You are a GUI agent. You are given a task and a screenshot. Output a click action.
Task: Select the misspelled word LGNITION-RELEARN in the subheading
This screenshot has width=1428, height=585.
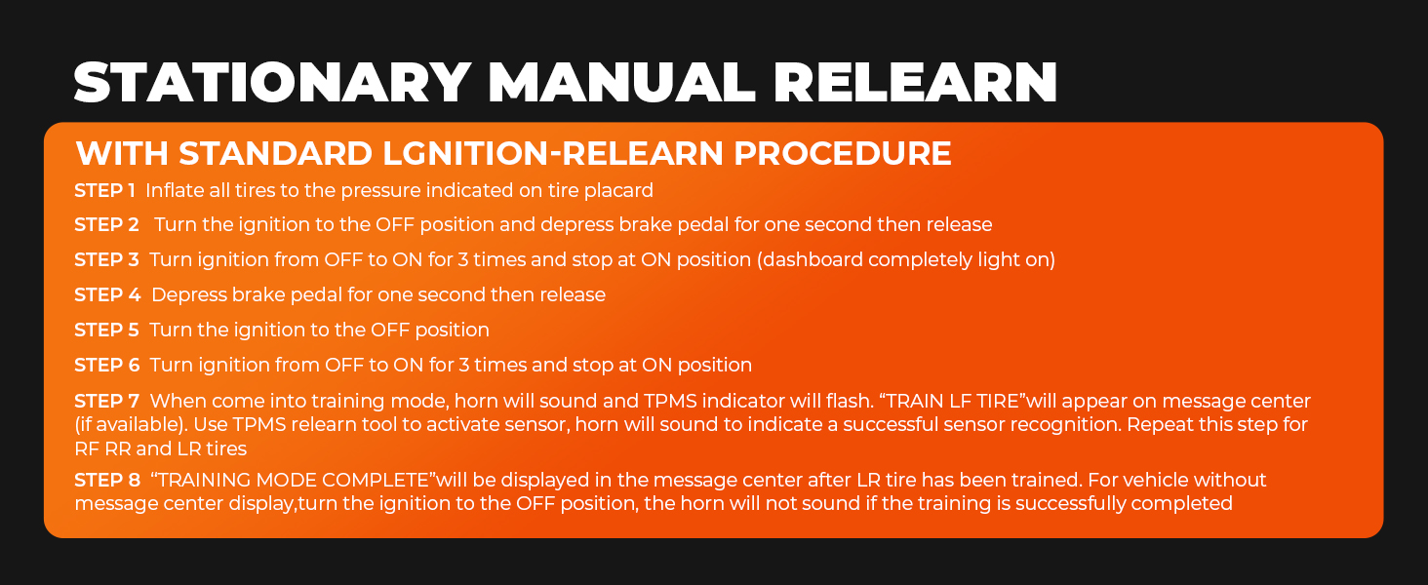coord(549,154)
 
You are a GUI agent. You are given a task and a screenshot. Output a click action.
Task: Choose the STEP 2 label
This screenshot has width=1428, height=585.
coord(107,225)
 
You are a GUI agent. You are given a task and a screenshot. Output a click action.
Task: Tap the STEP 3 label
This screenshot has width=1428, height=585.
coord(107,260)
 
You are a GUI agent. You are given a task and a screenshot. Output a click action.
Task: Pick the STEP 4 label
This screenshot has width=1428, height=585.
coord(107,294)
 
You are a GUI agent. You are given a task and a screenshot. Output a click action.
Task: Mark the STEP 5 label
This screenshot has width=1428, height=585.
coord(107,330)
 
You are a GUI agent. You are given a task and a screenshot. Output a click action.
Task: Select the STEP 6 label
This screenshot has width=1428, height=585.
coord(107,366)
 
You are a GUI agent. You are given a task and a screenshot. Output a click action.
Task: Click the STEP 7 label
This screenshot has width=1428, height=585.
coord(107,401)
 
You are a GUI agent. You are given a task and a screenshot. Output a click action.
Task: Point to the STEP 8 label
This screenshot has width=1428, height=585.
coord(107,481)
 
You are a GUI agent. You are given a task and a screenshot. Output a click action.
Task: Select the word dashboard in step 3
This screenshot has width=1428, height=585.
coord(816,260)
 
